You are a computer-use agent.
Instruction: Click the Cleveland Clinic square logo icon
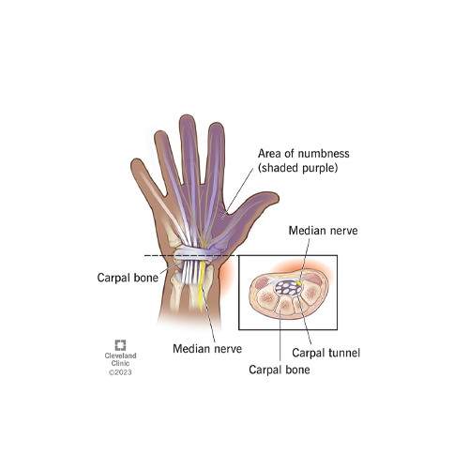[120, 345]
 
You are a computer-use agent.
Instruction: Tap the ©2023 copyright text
[120, 372]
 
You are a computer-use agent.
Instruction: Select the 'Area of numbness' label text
[303, 154]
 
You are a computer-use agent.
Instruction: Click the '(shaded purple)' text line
[297, 168]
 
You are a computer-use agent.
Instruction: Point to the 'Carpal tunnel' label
[326, 353]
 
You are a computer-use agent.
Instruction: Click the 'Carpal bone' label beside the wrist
[128, 278]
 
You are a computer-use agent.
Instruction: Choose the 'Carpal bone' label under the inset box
[280, 370]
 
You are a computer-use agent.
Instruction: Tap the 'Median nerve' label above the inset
[323, 231]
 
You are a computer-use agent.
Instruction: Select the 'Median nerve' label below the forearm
[207, 349]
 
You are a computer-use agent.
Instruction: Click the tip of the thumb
[277, 197]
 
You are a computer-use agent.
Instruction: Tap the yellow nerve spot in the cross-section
[298, 283]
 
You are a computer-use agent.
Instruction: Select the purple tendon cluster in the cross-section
[288, 288]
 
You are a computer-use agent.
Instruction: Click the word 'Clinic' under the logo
[120, 363]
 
